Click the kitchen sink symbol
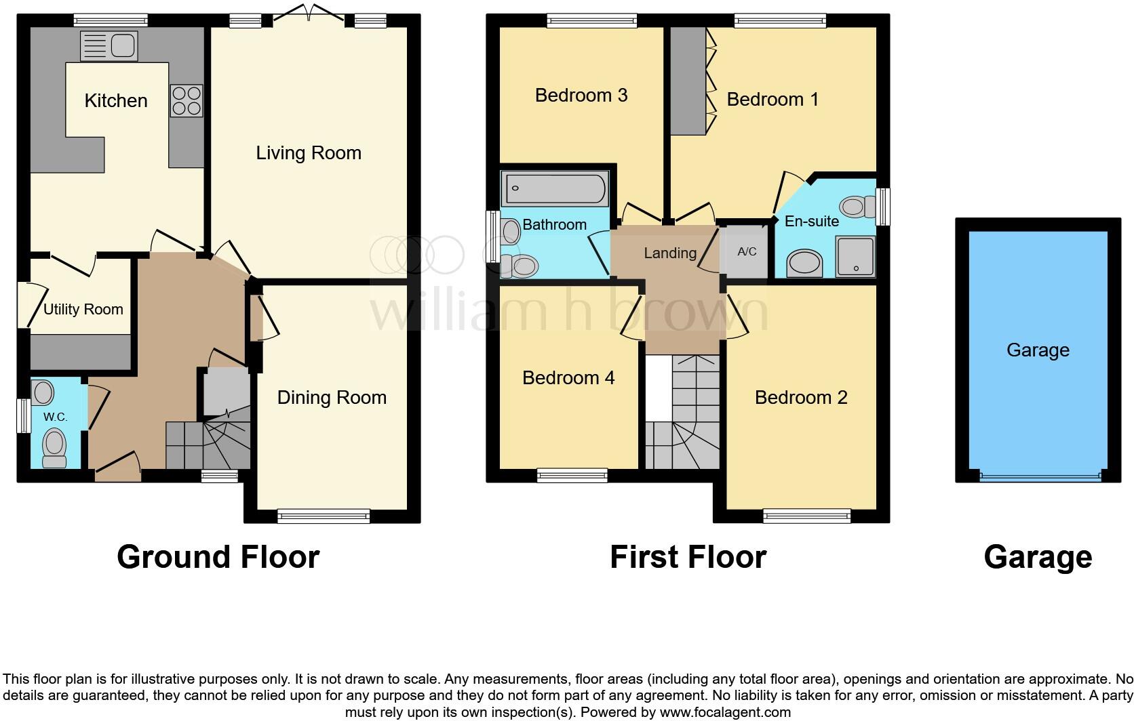point(109,46)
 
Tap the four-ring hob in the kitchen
point(187,100)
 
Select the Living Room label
point(309,153)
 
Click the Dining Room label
point(332,397)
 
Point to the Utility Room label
point(83,310)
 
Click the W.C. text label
point(56,417)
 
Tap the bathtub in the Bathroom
point(554,189)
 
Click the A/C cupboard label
point(747,251)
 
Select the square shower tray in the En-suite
point(855,256)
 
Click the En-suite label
point(811,221)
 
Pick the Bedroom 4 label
point(568,377)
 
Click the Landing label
point(670,253)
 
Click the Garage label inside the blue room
point(1038,350)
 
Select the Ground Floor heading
point(218,557)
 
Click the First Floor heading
point(688,557)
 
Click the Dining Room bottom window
point(324,516)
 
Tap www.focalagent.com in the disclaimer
point(725,712)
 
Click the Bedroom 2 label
point(801,397)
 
